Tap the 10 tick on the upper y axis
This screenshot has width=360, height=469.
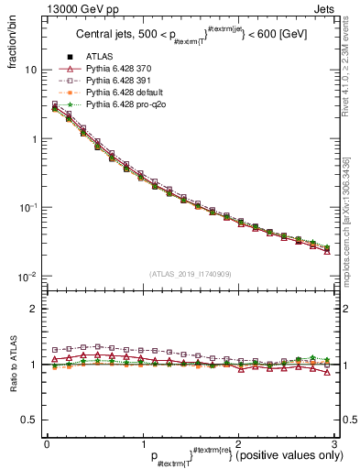pyautogui.click(x=30, y=70)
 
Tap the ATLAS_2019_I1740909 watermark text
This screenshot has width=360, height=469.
pyautogui.click(x=190, y=274)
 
